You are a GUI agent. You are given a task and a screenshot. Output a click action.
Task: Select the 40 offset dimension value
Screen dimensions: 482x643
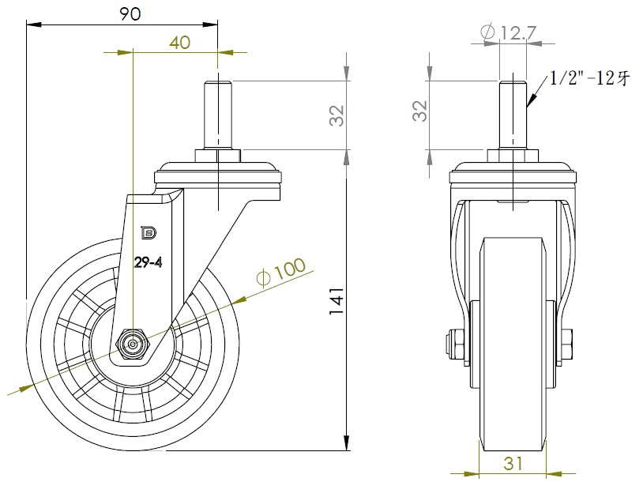(179, 43)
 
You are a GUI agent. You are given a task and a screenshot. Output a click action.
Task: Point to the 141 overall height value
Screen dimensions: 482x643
(335, 301)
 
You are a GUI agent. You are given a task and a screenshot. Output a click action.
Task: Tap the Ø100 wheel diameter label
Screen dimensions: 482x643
(280, 271)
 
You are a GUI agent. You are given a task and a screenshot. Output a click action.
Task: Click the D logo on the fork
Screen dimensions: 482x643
(146, 232)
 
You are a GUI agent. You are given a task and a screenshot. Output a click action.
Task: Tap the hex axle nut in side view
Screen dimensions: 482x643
(132, 344)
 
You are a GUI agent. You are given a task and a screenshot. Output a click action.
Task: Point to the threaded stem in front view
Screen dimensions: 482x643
(513, 115)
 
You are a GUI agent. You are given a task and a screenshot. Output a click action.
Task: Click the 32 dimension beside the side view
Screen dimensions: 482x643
(337, 115)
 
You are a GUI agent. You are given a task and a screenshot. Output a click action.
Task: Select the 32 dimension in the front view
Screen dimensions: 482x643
(419, 111)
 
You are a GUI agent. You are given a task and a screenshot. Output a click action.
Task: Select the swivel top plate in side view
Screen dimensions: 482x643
(219, 173)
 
